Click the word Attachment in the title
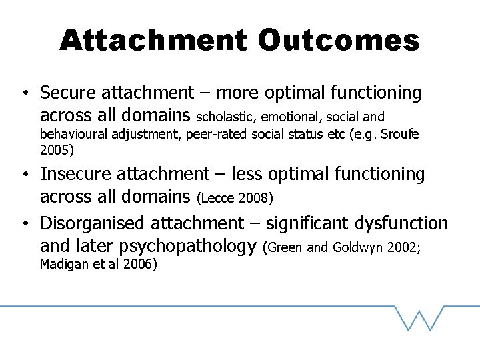tap(153, 41)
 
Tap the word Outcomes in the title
tap(339, 41)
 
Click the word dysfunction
tap(402, 223)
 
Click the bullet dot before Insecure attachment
tap(23, 175)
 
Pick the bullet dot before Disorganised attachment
tap(23, 224)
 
